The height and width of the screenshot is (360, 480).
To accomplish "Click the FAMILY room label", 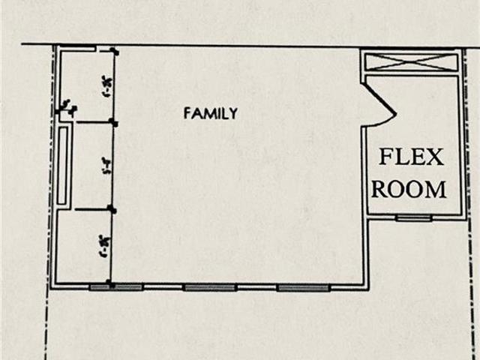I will click(211, 114).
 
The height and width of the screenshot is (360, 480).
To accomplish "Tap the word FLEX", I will click(411, 157).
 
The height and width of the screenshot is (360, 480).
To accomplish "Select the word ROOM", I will click(410, 189).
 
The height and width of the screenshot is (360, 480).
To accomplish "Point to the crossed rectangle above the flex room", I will click(409, 61).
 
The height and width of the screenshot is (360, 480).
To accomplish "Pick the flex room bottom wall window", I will click(414, 218).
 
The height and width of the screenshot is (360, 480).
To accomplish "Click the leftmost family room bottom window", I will click(116, 286).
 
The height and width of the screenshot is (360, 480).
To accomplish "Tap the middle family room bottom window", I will click(211, 286).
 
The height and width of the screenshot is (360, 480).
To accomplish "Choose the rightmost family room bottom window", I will click(303, 286).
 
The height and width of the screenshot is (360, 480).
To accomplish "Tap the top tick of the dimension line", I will click(112, 51).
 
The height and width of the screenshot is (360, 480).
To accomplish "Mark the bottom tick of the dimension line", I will click(112, 283).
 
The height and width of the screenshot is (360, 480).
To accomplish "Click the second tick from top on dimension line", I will click(112, 121).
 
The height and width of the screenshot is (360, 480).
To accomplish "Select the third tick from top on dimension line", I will click(112, 209).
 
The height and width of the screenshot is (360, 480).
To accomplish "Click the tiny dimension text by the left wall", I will click(67, 106).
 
